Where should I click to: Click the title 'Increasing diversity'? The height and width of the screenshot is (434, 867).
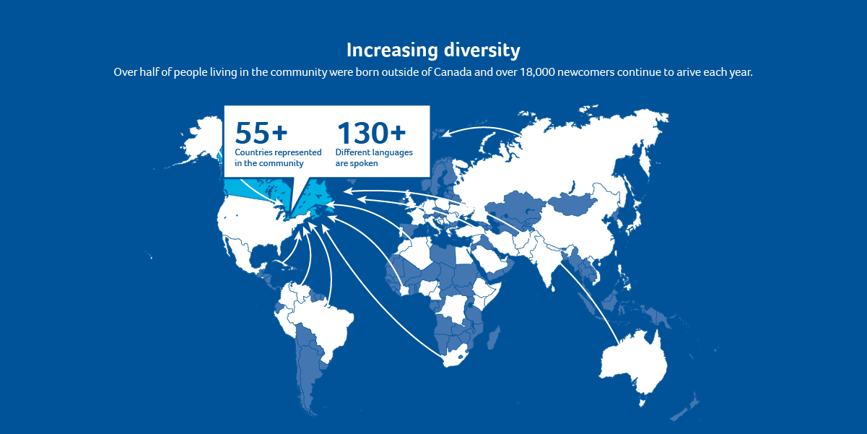pyautogui.click(x=433, y=50)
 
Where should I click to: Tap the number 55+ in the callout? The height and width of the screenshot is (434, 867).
pyautogui.click(x=261, y=133)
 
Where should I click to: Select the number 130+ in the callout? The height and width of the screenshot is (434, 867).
pyautogui.click(x=371, y=133)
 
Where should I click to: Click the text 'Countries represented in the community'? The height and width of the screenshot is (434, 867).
pyautogui.click(x=278, y=157)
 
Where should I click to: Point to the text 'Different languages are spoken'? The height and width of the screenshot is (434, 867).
pyautogui.click(x=374, y=157)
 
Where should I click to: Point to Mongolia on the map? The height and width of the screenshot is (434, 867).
pyautogui.click(x=574, y=202)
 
